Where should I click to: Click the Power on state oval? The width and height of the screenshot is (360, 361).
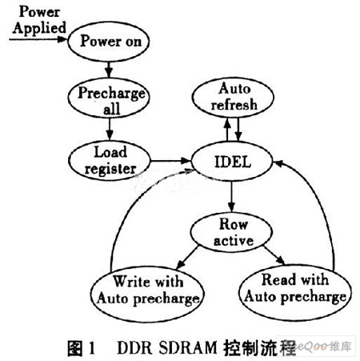coord(109,42)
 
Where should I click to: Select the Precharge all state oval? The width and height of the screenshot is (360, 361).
coord(109,98)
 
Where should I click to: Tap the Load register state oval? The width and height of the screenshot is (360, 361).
coord(110,161)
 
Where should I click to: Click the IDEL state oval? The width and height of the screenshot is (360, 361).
coord(232,162)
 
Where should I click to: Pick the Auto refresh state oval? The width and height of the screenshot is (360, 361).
coord(233,98)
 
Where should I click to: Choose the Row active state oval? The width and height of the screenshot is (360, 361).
coord(231,232)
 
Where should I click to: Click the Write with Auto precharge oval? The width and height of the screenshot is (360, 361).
coord(147,294)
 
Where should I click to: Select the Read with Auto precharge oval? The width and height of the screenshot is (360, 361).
coord(295,292)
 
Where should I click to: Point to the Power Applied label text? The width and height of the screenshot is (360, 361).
coord(39,20)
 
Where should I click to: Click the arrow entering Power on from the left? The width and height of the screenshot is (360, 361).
coord(38,39)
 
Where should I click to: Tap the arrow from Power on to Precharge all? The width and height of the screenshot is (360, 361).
coord(108,70)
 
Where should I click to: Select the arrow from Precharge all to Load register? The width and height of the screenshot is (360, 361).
coord(110,130)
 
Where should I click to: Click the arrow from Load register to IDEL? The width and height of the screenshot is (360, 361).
coord(170,161)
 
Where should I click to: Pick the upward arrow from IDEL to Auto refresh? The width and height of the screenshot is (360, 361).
coord(227,130)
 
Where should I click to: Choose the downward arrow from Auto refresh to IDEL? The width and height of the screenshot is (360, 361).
coord(238,130)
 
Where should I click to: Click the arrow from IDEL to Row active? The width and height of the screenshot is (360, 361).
coord(231,197)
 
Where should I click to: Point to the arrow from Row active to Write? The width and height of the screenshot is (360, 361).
coord(187,257)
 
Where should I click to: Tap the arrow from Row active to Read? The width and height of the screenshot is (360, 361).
coord(274,255)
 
